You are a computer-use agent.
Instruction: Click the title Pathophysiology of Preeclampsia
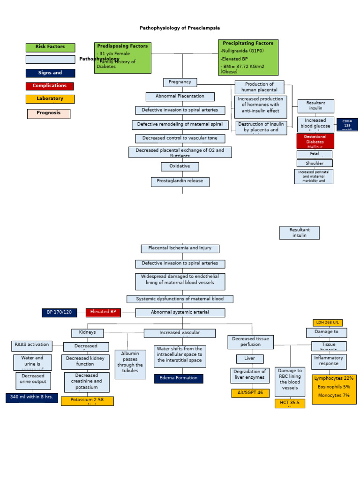(180, 28)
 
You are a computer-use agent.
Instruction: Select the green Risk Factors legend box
(50, 47)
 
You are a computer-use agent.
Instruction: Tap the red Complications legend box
(50, 86)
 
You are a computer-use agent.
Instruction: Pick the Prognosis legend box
(49, 113)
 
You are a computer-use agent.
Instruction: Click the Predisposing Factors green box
(122, 58)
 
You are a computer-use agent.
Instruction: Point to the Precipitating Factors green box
(248, 57)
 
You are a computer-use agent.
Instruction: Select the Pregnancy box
(180, 82)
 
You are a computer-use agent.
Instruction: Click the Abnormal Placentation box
(180, 97)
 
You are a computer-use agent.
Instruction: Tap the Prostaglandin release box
(180, 182)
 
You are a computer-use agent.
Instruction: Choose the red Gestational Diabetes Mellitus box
(315, 141)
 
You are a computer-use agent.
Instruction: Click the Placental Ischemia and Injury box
(180, 248)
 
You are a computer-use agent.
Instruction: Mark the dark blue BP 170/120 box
(59, 313)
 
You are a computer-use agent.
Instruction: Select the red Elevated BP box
(103, 312)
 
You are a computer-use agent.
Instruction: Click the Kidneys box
(87, 333)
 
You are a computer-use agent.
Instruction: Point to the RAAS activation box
(32, 345)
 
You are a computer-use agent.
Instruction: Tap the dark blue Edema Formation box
(179, 378)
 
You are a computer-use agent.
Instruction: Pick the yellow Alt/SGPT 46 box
(250, 393)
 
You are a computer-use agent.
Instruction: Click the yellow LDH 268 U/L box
(328, 322)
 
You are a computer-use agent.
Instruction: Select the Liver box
(250, 359)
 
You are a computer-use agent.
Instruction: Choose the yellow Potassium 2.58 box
(87, 401)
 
